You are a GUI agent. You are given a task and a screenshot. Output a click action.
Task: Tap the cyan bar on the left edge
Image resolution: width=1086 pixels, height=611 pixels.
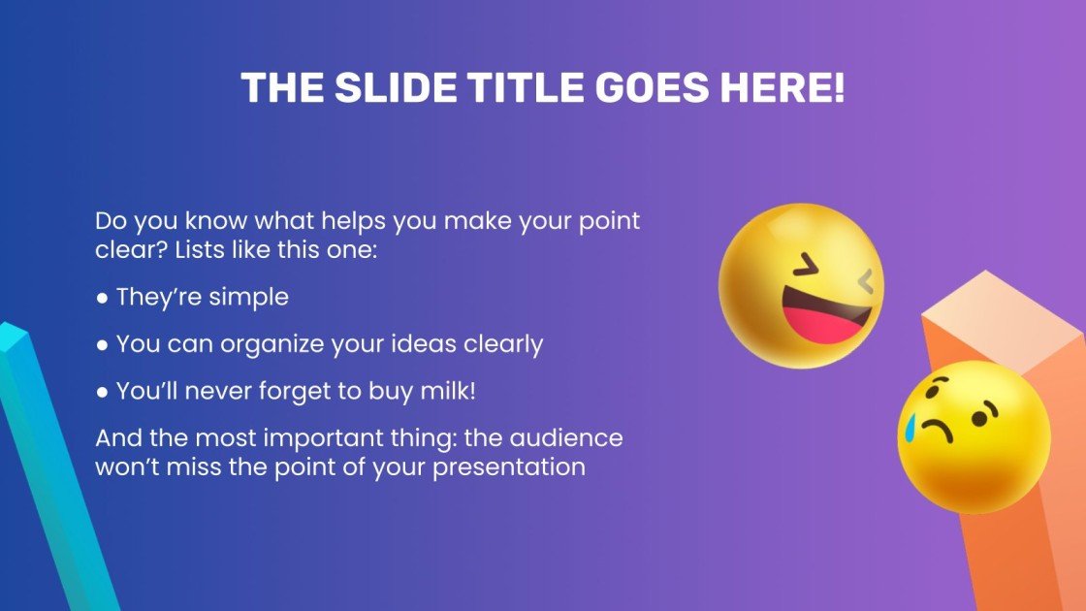click(x=48, y=466)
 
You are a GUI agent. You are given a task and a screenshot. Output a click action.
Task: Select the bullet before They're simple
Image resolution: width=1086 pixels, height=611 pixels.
click(x=102, y=298)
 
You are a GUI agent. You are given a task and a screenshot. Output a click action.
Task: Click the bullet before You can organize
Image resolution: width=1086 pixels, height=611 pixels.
click(x=102, y=344)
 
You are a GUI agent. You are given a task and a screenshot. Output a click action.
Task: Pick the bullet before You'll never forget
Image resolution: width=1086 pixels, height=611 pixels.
click(x=102, y=392)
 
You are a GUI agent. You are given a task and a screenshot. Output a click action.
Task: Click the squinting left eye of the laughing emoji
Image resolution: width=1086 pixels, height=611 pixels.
click(x=804, y=265)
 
